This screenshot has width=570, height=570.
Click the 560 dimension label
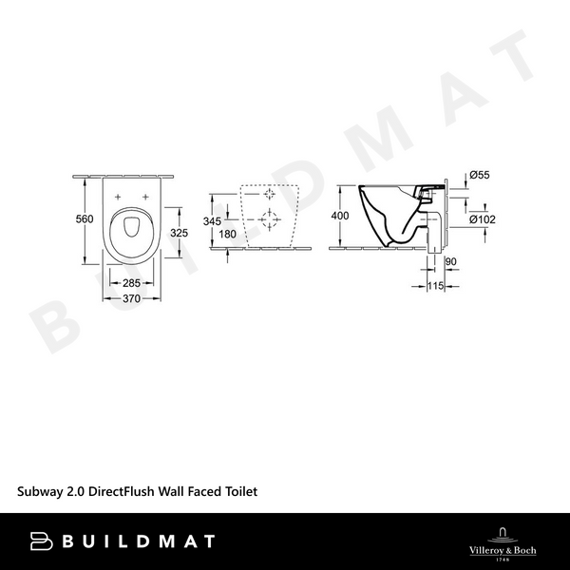tap(85, 219)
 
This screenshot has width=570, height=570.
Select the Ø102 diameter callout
tap(483, 219)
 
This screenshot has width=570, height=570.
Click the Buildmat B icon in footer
tap(41, 541)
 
